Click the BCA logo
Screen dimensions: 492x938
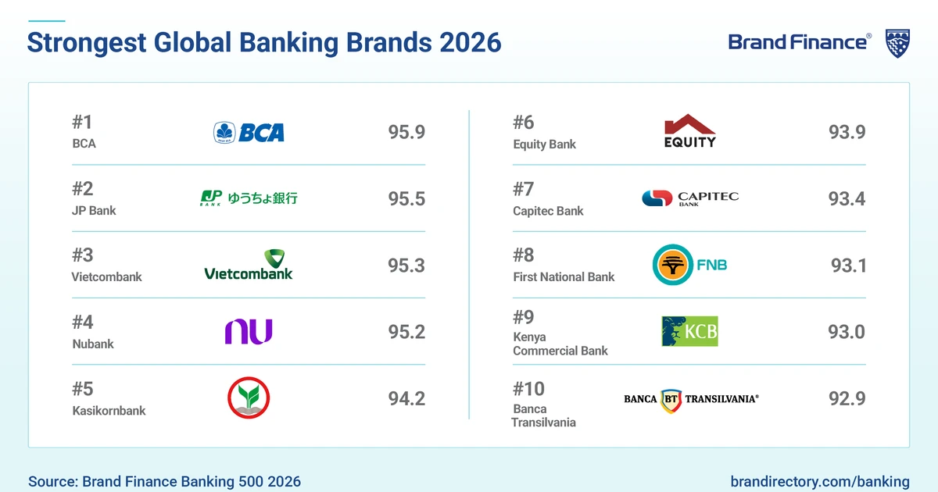pos(249,132)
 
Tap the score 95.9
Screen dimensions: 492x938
pos(406,132)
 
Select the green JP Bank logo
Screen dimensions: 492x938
pos(249,198)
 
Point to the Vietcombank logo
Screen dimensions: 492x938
pos(249,265)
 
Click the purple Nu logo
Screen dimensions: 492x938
pos(249,332)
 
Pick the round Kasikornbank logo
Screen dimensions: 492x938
pos(249,398)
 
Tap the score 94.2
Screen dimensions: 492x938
pos(406,398)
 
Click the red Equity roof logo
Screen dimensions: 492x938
pos(689,130)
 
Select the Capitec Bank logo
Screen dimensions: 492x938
pos(689,198)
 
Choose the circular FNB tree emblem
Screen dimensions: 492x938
pos(672,266)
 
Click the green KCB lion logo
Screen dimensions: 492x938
pos(689,331)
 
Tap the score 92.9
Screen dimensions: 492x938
pos(847,398)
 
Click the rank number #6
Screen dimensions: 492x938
pos(524,123)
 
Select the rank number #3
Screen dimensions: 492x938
pos(82,255)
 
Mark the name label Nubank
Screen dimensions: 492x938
pos(92,344)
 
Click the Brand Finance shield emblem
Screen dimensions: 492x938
pos(897,43)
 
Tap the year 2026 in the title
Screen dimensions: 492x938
pos(470,42)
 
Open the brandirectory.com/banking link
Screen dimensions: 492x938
pos(820,482)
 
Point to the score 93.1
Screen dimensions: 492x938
pos(848,266)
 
